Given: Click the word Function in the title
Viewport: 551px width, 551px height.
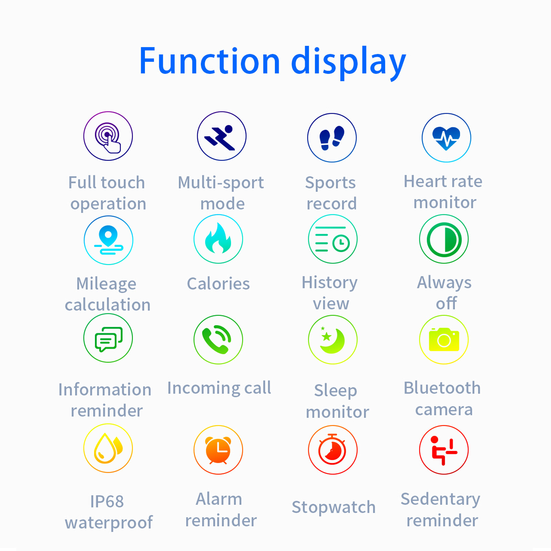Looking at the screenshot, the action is (x=209, y=61).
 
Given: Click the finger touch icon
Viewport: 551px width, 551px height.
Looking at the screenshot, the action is (x=108, y=136).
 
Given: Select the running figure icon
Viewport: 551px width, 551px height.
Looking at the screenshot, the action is (x=221, y=136).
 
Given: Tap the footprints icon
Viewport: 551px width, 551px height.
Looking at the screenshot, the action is (x=332, y=138).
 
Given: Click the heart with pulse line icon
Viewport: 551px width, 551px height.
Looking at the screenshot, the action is (x=446, y=138).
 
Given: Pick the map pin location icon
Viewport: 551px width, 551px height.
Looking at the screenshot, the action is (x=108, y=240).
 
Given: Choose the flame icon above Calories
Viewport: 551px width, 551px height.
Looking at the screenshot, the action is (x=218, y=239).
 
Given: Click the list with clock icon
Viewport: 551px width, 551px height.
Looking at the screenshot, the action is (x=333, y=239).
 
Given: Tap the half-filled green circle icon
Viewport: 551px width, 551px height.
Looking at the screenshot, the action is (x=444, y=239).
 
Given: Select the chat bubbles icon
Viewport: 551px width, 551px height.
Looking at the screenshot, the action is (x=108, y=338).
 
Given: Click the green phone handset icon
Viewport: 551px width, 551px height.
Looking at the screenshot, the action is (x=218, y=340).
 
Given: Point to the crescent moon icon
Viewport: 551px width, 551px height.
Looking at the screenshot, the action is (x=333, y=340).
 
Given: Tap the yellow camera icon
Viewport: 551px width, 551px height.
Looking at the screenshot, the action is (x=444, y=340).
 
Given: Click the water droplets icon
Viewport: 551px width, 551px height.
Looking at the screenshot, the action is (x=108, y=448).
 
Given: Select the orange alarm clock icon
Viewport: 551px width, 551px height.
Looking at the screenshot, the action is (x=218, y=450).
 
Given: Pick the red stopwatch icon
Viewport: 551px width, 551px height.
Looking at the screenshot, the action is (x=333, y=450).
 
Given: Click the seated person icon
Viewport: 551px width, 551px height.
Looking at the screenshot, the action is (x=444, y=450).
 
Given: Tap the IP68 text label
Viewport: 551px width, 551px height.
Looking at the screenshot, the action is (x=107, y=501).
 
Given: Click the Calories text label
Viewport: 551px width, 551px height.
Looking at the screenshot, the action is (x=218, y=284).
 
